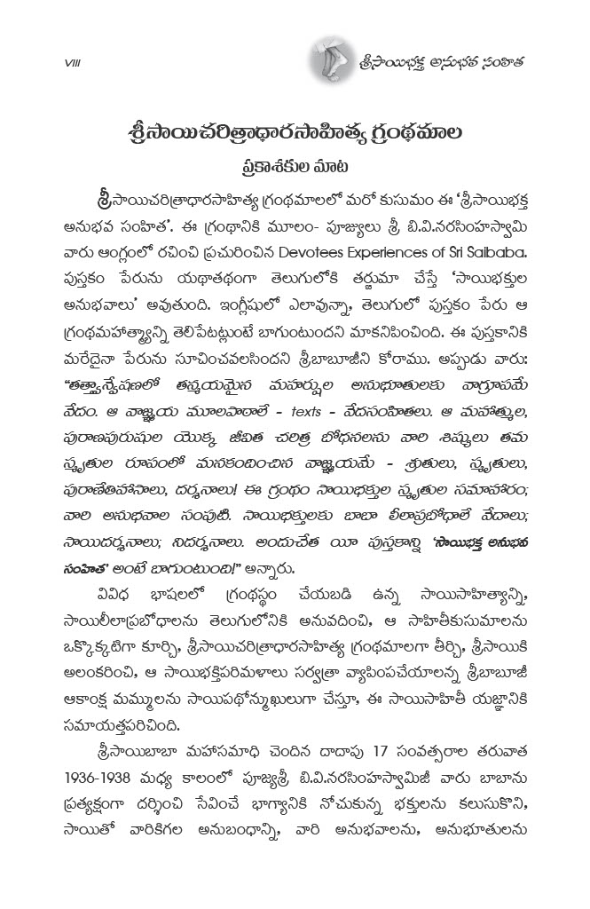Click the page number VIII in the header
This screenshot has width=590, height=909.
click(x=73, y=62)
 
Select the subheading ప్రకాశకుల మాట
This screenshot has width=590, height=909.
click(x=294, y=165)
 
